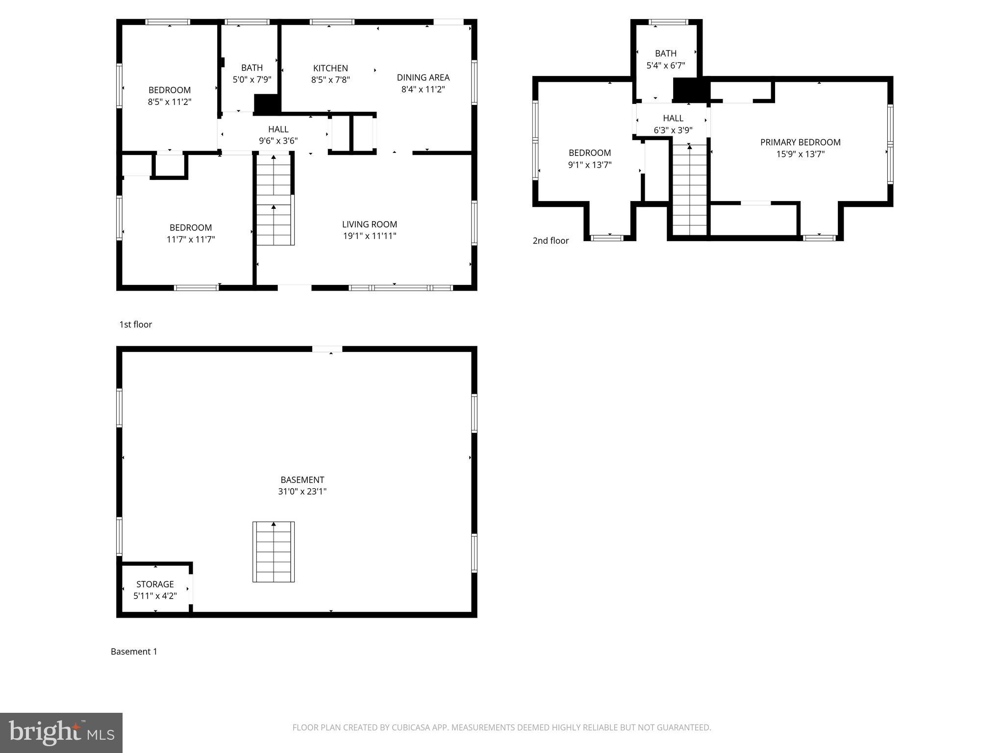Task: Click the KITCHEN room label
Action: (x=330, y=68)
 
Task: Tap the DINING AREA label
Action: (x=423, y=77)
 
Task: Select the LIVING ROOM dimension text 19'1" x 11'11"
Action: (x=369, y=236)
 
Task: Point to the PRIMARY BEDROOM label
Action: (x=800, y=142)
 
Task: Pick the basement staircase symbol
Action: (x=274, y=552)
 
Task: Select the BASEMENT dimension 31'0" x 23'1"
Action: (x=302, y=491)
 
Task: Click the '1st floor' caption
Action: (x=136, y=325)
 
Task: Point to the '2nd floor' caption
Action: (x=551, y=241)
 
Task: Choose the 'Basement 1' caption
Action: (x=134, y=652)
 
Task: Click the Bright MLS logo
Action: (x=61, y=733)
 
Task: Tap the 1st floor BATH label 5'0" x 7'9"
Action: (x=251, y=74)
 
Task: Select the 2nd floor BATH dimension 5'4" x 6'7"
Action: (x=665, y=65)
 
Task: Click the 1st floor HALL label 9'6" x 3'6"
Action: (x=278, y=135)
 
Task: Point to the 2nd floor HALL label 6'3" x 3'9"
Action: (x=673, y=124)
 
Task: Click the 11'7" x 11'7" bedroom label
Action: (x=191, y=233)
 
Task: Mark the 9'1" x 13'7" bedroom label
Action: (x=589, y=159)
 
